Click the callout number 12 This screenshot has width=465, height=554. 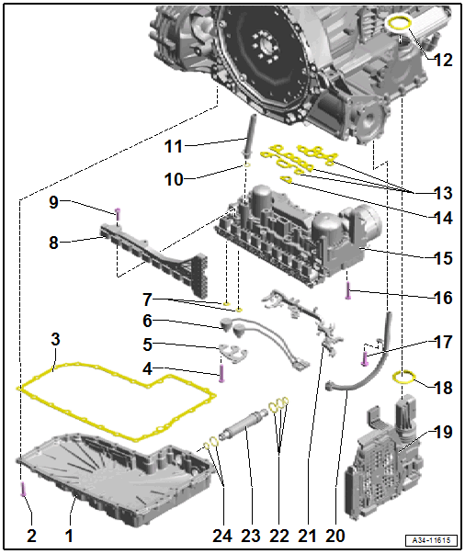coord(443,61)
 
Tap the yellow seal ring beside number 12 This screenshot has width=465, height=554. coord(402,21)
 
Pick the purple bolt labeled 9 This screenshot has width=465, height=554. coord(118,213)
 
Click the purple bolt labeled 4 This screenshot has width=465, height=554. coord(221,372)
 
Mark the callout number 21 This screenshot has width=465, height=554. coord(306,534)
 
